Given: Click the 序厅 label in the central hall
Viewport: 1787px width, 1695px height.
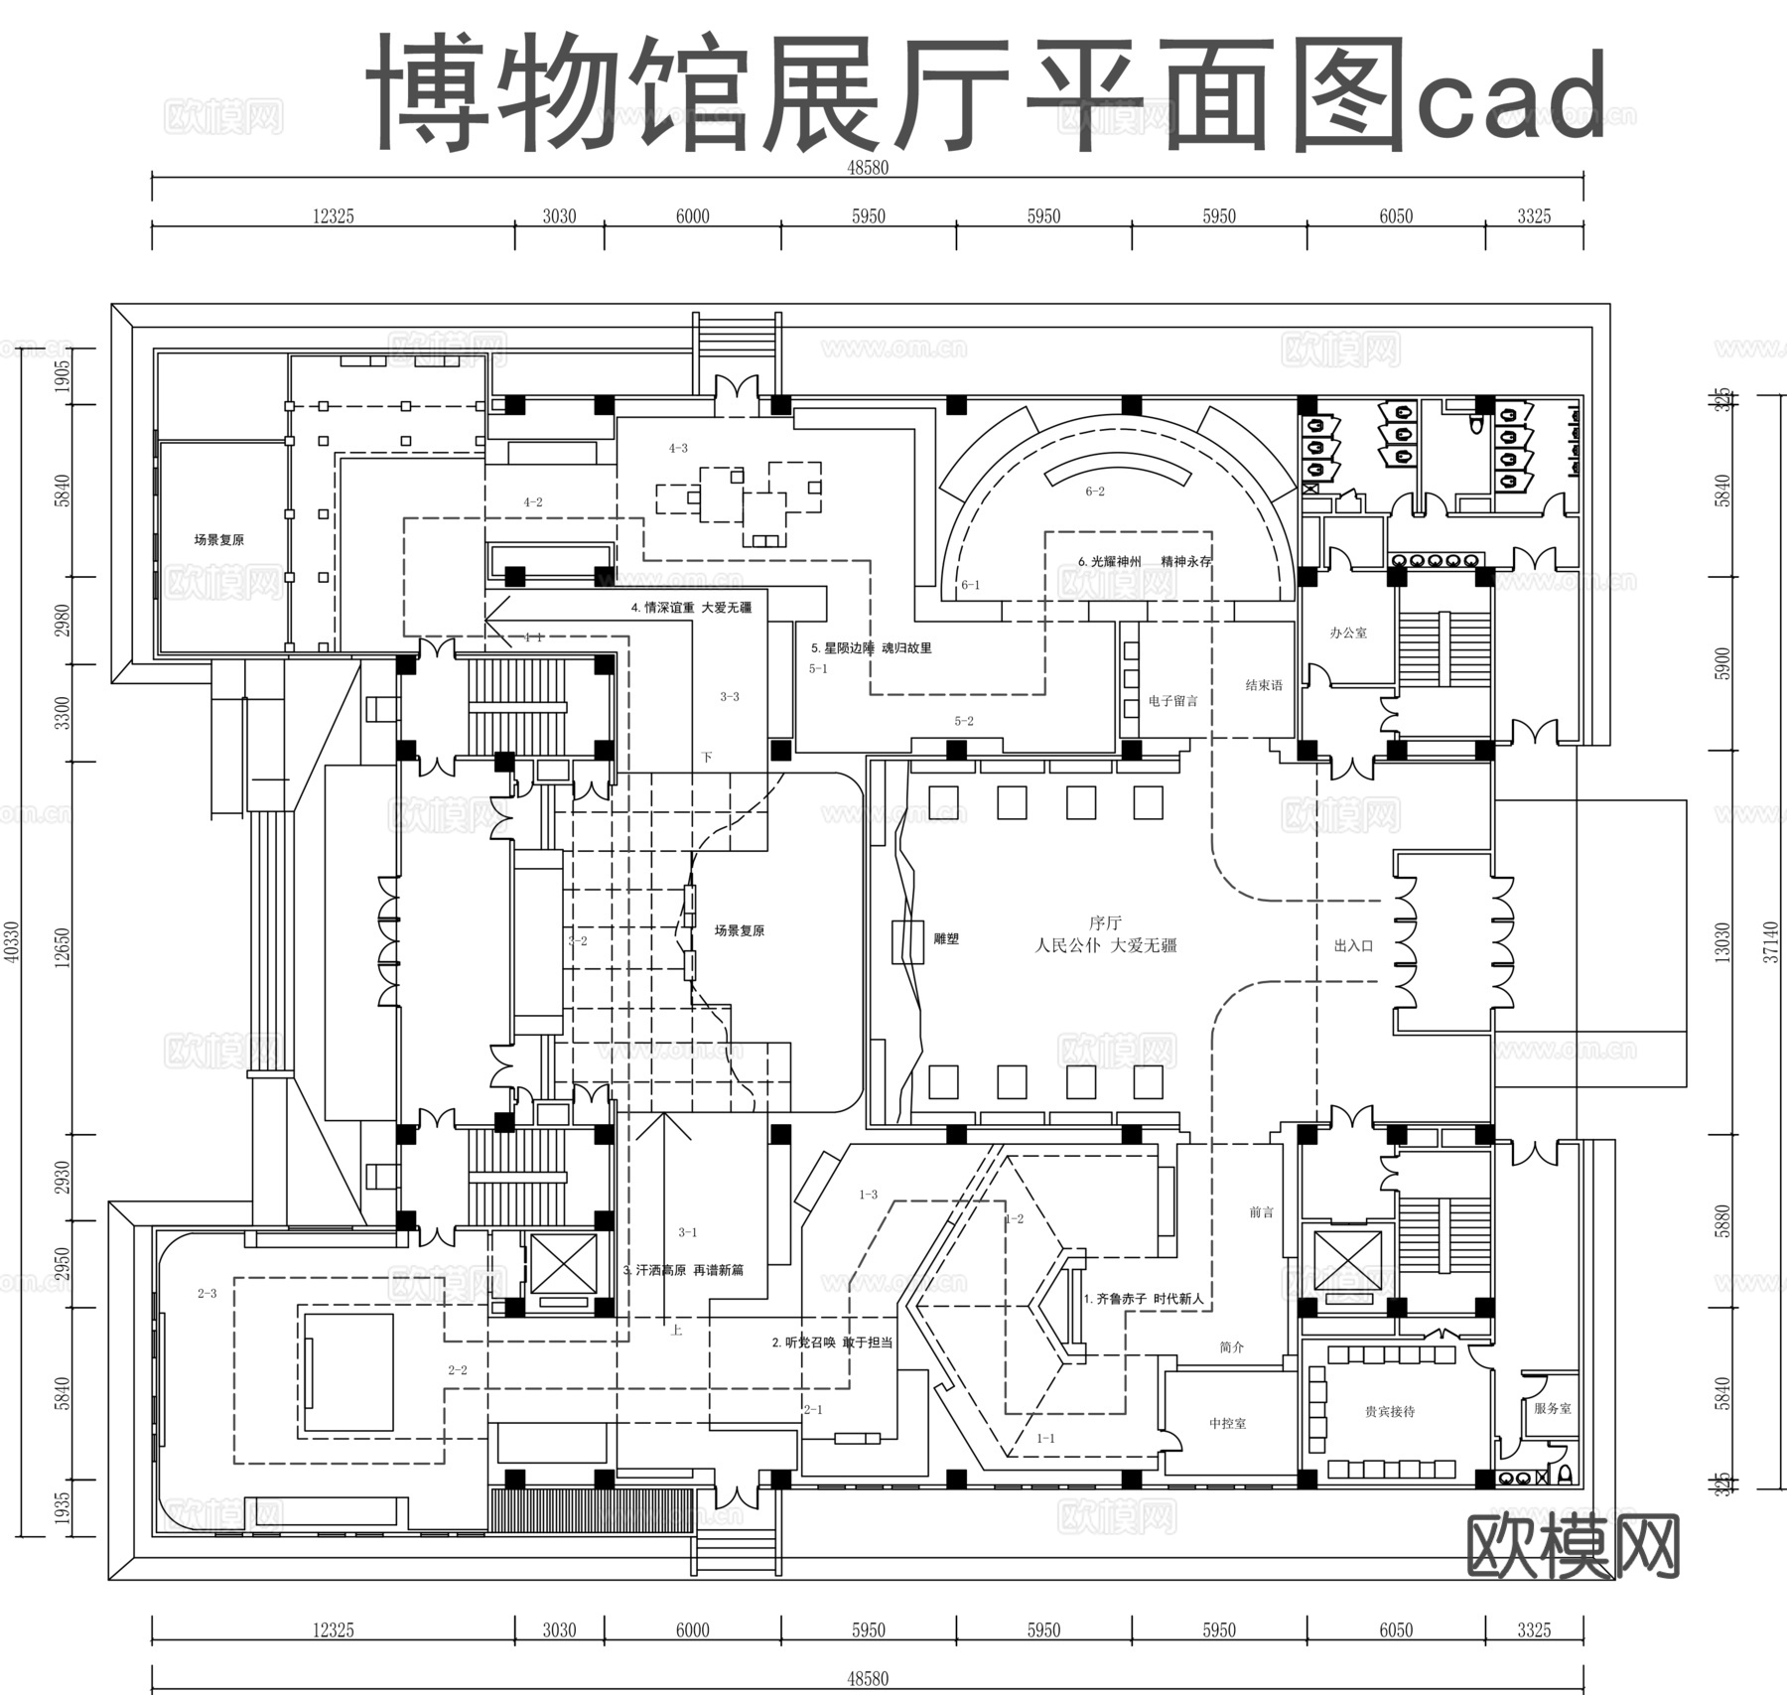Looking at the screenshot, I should (x=1105, y=923).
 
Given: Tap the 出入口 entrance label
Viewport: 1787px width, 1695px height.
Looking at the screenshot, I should (x=1353, y=946).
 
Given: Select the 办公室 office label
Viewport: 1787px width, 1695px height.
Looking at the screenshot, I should (x=1348, y=633).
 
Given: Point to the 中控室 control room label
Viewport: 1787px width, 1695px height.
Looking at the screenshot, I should (x=1227, y=1424).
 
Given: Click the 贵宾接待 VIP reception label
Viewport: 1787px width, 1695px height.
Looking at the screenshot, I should (x=1390, y=1411).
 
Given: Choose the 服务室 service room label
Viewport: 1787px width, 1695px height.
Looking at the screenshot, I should (x=1553, y=1408).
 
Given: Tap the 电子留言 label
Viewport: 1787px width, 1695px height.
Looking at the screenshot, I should (x=1172, y=701).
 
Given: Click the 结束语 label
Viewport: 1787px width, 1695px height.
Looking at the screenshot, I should (x=1264, y=685).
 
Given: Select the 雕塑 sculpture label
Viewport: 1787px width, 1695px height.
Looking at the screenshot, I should (x=946, y=938).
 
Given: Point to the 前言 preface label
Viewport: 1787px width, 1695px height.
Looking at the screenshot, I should (x=1261, y=1212).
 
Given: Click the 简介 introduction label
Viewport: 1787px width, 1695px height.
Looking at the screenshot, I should (x=1231, y=1347).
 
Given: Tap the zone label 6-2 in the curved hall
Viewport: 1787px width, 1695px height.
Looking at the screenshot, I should (x=1094, y=492).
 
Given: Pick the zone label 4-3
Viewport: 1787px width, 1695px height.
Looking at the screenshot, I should (x=678, y=449).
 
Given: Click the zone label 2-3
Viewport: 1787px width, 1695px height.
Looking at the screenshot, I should (x=206, y=1294).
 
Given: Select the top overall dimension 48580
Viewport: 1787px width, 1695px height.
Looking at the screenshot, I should (x=867, y=168).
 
